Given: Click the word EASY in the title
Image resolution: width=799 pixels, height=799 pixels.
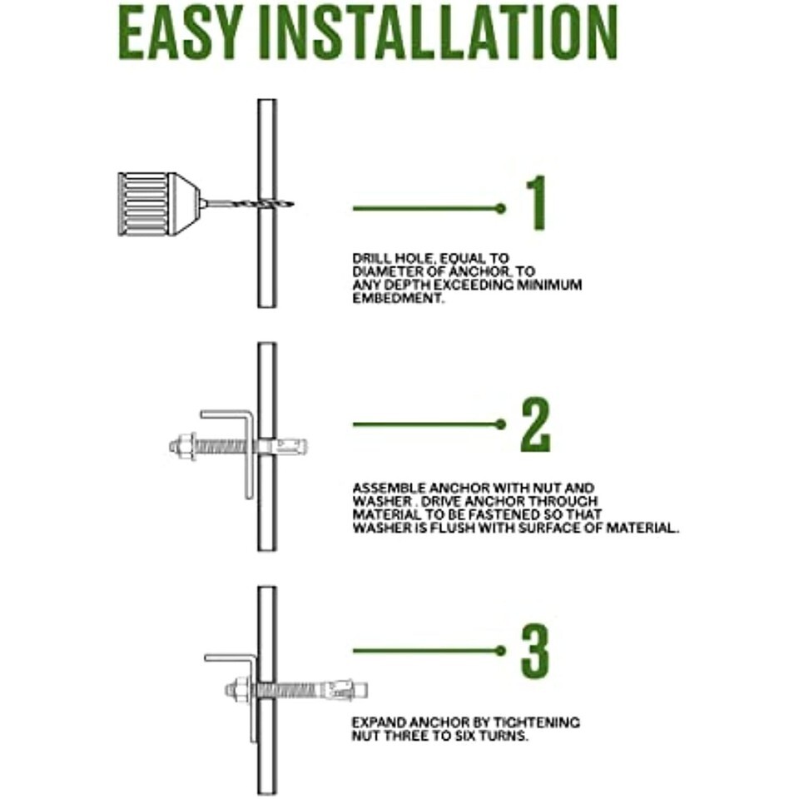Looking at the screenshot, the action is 179,34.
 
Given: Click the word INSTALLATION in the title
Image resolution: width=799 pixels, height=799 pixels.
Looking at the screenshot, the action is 438,34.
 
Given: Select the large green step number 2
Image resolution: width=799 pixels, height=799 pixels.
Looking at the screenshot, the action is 535,425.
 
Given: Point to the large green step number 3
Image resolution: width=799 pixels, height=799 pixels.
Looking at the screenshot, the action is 535,651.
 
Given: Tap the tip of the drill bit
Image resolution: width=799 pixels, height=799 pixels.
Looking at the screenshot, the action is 293,205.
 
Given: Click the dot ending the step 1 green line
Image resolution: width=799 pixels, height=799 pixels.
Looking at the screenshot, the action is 501,208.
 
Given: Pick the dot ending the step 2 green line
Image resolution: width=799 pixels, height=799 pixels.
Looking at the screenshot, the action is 501,424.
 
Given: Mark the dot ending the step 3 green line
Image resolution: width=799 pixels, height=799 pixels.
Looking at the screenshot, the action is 501,650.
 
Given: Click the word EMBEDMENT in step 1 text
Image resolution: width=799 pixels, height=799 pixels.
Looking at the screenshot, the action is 398,298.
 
